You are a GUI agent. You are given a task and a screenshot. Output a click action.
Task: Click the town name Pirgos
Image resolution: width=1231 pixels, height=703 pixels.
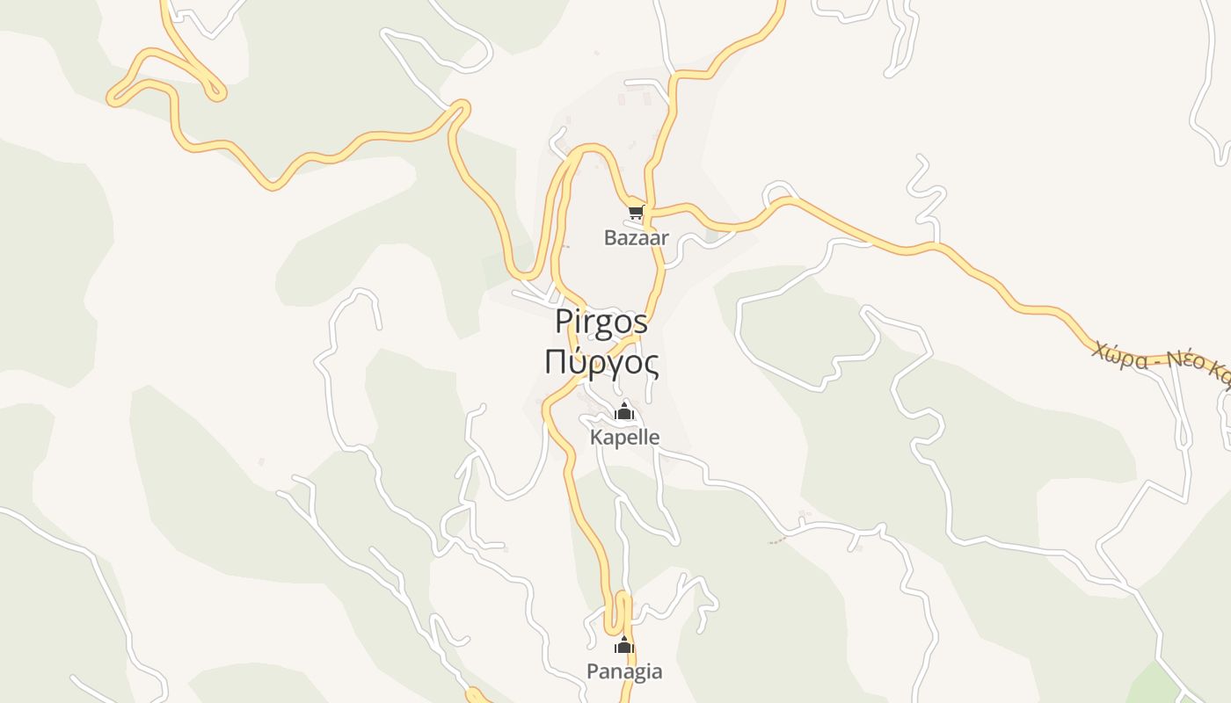601,323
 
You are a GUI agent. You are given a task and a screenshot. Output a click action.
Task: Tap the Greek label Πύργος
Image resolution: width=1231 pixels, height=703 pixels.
601,362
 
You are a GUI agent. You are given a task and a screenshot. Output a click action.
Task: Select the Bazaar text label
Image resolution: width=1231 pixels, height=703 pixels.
636,237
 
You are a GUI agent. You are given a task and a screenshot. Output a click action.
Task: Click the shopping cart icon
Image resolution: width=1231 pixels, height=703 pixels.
636,213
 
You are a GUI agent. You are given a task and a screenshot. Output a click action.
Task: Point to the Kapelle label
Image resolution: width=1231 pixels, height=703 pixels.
624,437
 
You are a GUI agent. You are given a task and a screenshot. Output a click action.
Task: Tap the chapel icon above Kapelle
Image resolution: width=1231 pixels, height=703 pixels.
624,411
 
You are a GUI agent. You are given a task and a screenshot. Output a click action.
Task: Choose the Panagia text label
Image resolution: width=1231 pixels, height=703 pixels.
624,672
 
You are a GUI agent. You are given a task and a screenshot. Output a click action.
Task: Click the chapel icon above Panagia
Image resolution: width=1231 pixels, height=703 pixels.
624,646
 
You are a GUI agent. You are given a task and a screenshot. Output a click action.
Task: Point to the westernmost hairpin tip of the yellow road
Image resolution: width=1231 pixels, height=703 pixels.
113,98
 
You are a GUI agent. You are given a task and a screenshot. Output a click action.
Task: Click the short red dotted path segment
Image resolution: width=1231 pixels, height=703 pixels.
776,541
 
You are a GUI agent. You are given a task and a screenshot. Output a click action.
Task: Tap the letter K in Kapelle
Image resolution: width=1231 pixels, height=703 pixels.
596,437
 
